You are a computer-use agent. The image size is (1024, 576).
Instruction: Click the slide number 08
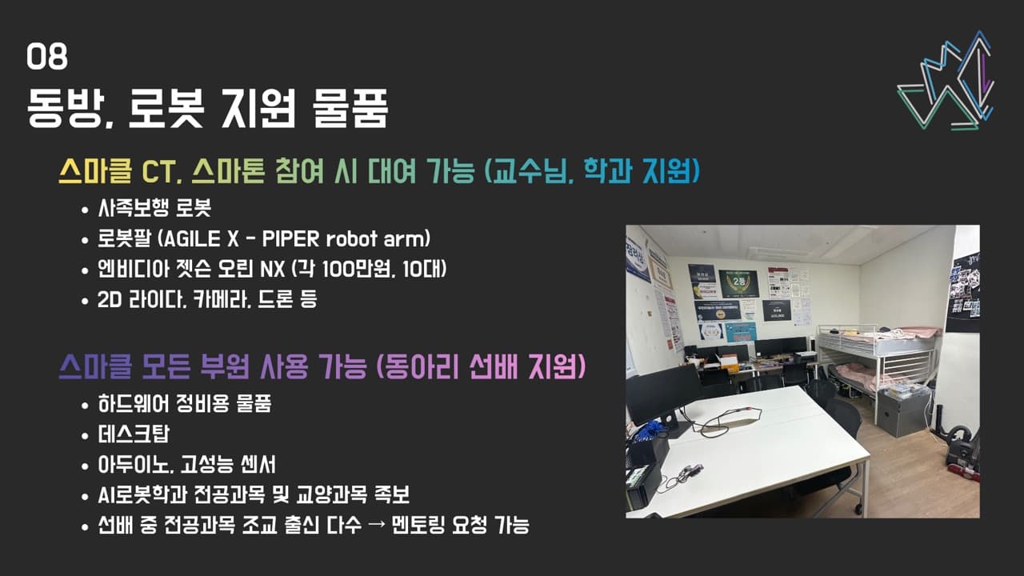pyautogui.click(x=47, y=58)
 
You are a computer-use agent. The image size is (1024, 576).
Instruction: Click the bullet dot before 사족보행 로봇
pyautogui.click(x=86, y=210)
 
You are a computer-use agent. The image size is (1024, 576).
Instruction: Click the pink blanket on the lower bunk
pyautogui.click(x=860, y=376)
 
